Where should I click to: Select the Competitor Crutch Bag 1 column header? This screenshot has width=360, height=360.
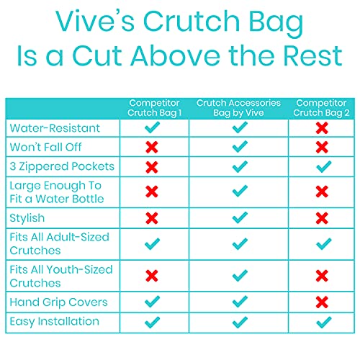pyautogui.click(x=151, y=109)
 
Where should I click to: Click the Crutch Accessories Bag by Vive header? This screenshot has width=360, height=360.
pyautogui.click(x=238, y=109)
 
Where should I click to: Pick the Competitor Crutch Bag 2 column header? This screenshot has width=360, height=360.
pyautogui.click(x=322, y=109)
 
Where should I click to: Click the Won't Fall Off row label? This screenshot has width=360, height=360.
pyautogui.click(x=45, y=147)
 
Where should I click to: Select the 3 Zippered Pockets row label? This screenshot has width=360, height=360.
pyautogui.click(x=61, y=166)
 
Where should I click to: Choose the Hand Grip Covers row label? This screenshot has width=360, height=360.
pyautogui.click(x=58, y=302)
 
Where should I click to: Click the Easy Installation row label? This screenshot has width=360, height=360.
pyautogui.click(x=54, y=321)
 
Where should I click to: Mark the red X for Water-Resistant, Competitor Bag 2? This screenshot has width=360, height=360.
pyautogui.click(x=322, y=127)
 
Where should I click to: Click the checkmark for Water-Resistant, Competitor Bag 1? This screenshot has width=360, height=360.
pyautogui.click(x=151, y=127)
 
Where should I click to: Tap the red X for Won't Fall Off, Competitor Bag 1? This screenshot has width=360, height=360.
pyautogui.click(x=151, y=147)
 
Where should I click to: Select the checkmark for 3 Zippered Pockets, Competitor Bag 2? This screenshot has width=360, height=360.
pyautogui.click(x=322, y=166)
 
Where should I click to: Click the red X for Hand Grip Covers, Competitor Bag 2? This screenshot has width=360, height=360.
pyautogui.click(x=322, y=302)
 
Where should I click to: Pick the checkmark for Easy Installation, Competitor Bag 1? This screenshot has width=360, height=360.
pyautogui.click(x=151, y=321)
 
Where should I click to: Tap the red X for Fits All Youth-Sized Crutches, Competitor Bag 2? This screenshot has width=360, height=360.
pyautogui.click(x=322, y=276)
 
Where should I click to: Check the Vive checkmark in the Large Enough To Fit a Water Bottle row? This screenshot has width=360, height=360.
pyautogui.click(x=240, y=192)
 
